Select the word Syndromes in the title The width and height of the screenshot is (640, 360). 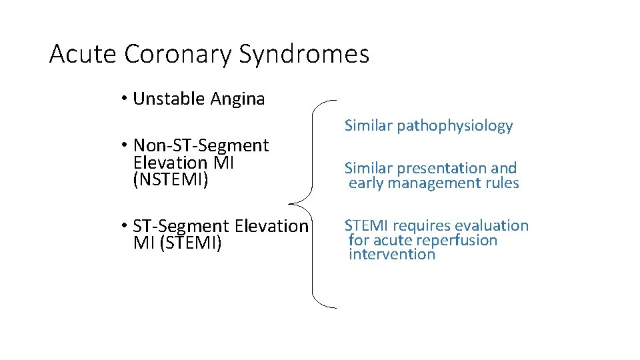(305, 54)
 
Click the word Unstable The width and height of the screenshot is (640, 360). (169, 99)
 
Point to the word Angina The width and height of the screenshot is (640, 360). (238, 99)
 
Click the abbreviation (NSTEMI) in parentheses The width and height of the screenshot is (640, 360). (171, 180)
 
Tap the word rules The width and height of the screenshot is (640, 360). (503, 183)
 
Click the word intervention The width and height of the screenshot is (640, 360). (392, 254)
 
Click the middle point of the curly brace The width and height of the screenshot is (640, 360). (291, 204)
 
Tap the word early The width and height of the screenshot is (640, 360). (365, 183)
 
